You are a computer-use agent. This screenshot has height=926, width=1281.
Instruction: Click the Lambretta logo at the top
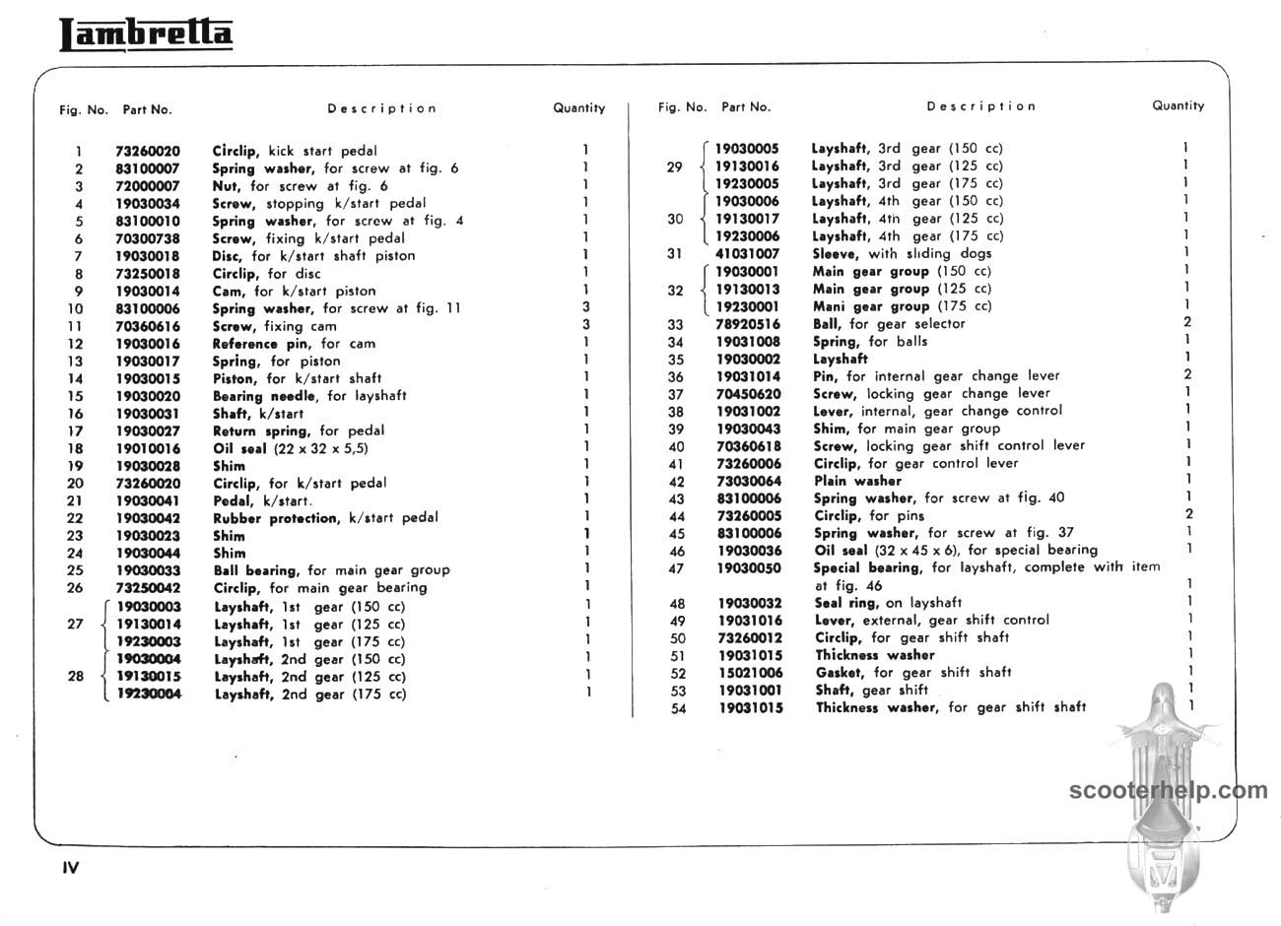pyautogui.click(x=146, y=34)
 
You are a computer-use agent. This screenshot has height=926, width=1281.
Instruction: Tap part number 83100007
pyautogui.click(x=148, y=168)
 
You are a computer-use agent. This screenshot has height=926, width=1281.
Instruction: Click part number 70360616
pyautogui.click(x=148, y=326)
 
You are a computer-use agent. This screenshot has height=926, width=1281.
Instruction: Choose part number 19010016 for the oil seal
pyautogui.click(x=148, y=448)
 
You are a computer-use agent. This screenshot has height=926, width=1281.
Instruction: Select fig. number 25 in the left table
pyautogui.click(x=75, y=570)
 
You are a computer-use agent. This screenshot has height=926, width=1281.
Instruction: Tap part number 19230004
pyautogui.click(x=149, y=694)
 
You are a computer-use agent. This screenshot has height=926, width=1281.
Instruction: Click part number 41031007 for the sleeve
pyautogui.click(x=747, y=253)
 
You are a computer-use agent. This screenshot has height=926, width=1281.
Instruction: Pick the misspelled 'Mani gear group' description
pyautogui.click(x=901, y=306)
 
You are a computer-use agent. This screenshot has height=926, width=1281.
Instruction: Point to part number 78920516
pyautogui.click(x=747, y=324)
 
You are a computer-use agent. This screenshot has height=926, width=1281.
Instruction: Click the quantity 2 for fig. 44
pyautogui.click(x=1189, y=514)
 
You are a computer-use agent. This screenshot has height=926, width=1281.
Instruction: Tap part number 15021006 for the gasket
pyautogui.click(x=750, y=673)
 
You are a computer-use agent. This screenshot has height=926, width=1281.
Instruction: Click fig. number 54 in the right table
pyautogui.click(x=677, y=708)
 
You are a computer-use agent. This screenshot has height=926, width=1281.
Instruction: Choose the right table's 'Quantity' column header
pyautogui.click(x=1178, y=105)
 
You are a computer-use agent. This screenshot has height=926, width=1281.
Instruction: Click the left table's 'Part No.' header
pyautogui.click(x=147, y=109)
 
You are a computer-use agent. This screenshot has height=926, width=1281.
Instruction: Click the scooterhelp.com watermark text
pyautogui.click(x=1169, y=790)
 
